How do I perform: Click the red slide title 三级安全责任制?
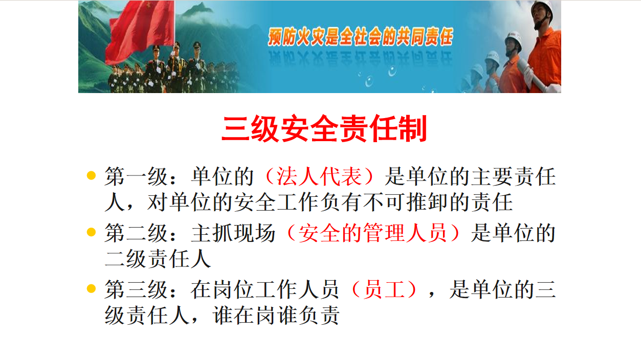324,129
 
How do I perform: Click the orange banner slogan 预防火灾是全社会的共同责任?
361,37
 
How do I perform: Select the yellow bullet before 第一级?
91,175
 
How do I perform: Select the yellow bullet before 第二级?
91,232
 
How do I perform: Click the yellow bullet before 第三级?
91,288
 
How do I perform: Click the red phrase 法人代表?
319,176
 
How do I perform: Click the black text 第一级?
136,176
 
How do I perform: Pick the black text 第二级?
136,233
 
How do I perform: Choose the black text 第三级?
136,289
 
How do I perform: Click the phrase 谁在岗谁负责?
276,316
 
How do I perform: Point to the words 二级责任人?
158,259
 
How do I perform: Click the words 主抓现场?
233,233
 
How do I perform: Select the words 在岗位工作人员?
265,289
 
